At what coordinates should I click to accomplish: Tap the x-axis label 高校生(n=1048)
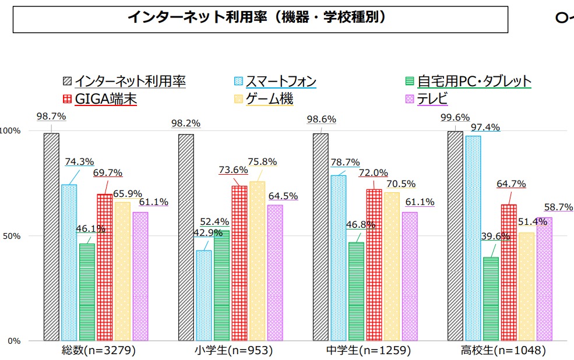[495, 351]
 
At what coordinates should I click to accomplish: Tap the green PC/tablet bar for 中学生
[356, 291]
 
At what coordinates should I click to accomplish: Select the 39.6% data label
[495, 237]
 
